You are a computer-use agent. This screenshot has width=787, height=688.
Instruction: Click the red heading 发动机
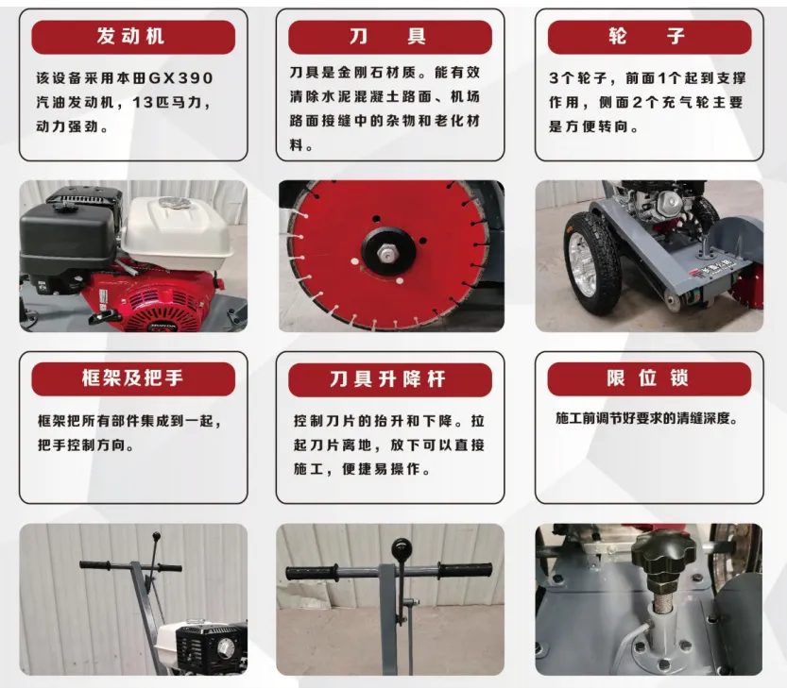click(x=132, y=37)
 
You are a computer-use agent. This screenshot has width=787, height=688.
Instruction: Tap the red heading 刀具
click(x=388, y=37)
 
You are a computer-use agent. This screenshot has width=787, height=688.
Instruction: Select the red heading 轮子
click(x=648, y=37)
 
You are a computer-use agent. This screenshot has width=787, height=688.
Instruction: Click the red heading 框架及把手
click(x=132, y=379)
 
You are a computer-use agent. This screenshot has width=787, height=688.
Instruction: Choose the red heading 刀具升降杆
click(x=388, y=379)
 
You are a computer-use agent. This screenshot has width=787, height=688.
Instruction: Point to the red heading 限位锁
click(x=648, y=379)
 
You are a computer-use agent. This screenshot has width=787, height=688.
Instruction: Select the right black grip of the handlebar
click(x=466, y=570)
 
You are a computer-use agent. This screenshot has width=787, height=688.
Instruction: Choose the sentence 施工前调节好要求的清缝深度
click(x=646, y=418)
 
